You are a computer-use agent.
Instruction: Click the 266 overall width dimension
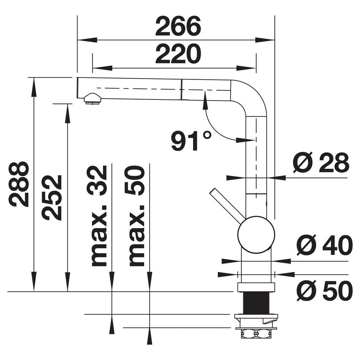click(178, 27)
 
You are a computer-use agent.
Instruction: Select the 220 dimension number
click(178, 54)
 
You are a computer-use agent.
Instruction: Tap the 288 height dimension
click(19, 184)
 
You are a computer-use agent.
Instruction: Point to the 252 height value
click(52, 197)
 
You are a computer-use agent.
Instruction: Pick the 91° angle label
click(191, 141)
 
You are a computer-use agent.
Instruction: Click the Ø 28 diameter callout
click(321, 163)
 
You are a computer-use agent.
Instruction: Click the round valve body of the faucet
click(256, 235)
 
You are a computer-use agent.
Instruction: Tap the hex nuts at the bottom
click(256, 333)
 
